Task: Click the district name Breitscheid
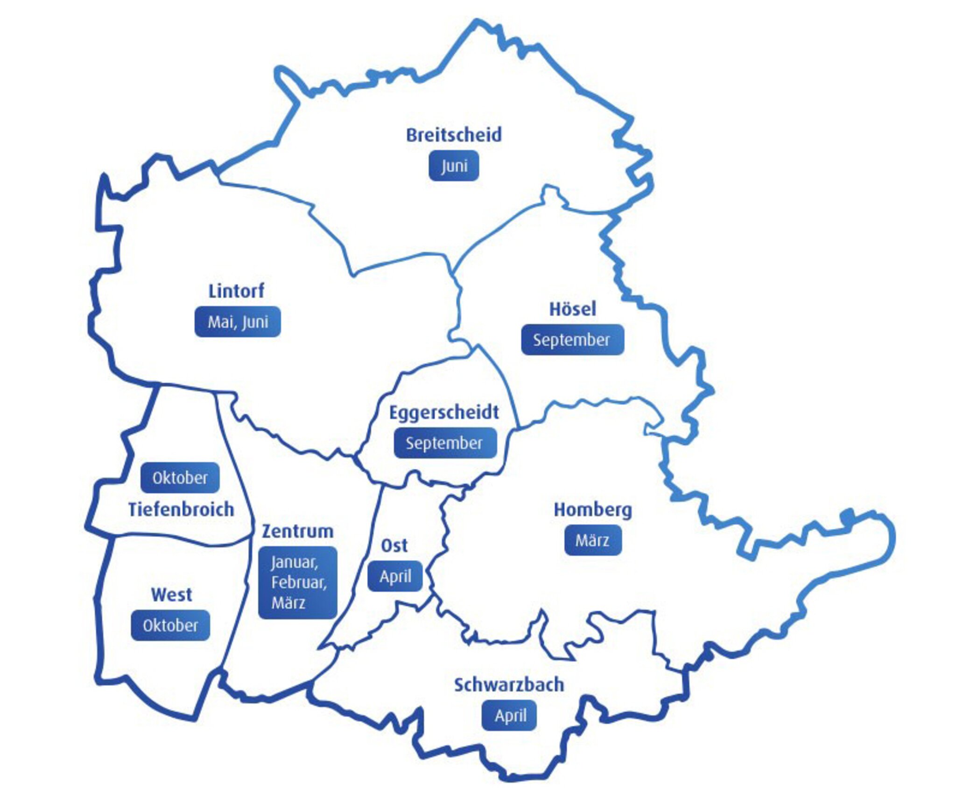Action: pyautogui.click(x=454, y=135)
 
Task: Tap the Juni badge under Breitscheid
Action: pyautogui.click(x=454, y=166)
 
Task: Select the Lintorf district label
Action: pyautogui.click(x=236, y=291)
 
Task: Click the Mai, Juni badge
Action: pyautogui.click(x=238, y=322)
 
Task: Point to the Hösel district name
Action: pyautogui.click(x=572, y=309)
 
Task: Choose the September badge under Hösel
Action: pyautogui.click(x=572, y=340)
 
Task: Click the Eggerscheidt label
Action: pyautogui.click(x=444, y=412)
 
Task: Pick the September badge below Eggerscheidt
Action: pyautogui.click(x=444, y=443)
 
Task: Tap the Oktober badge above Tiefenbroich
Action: pyautogui.click(x=180, y=478)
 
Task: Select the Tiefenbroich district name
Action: pyautogui.click(x=181, y=509)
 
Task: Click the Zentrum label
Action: pyautogui.click(x=298, y=531)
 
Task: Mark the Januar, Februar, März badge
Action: pyautogui.click(x=298, y=582)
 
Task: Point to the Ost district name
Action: pyautogui.click(x=394, y=545)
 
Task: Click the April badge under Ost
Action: pyautogui.click(x=395, y=577)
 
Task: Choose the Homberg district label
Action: pyautogui.click(x=592, y=510)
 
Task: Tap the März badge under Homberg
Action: pyautogui.click(x=592, y=540)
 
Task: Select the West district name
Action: pyautogui.click(x=171, y=595)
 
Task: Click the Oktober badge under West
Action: pyautogui.click(x=170, y=625)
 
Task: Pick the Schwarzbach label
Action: pyautogui.click(x=509, y=685)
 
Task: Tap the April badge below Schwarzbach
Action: pyautogui.click(x=509, y=715)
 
